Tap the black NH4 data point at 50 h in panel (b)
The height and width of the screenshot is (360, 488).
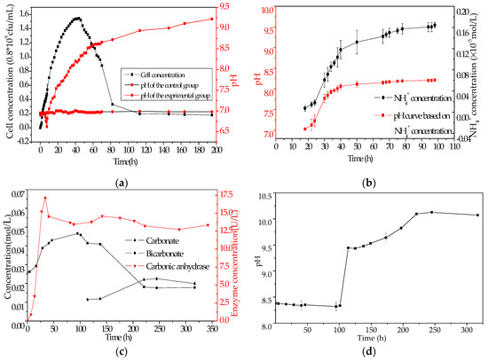click(357, 42)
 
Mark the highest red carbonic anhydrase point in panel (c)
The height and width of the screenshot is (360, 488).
click(44, 198)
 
